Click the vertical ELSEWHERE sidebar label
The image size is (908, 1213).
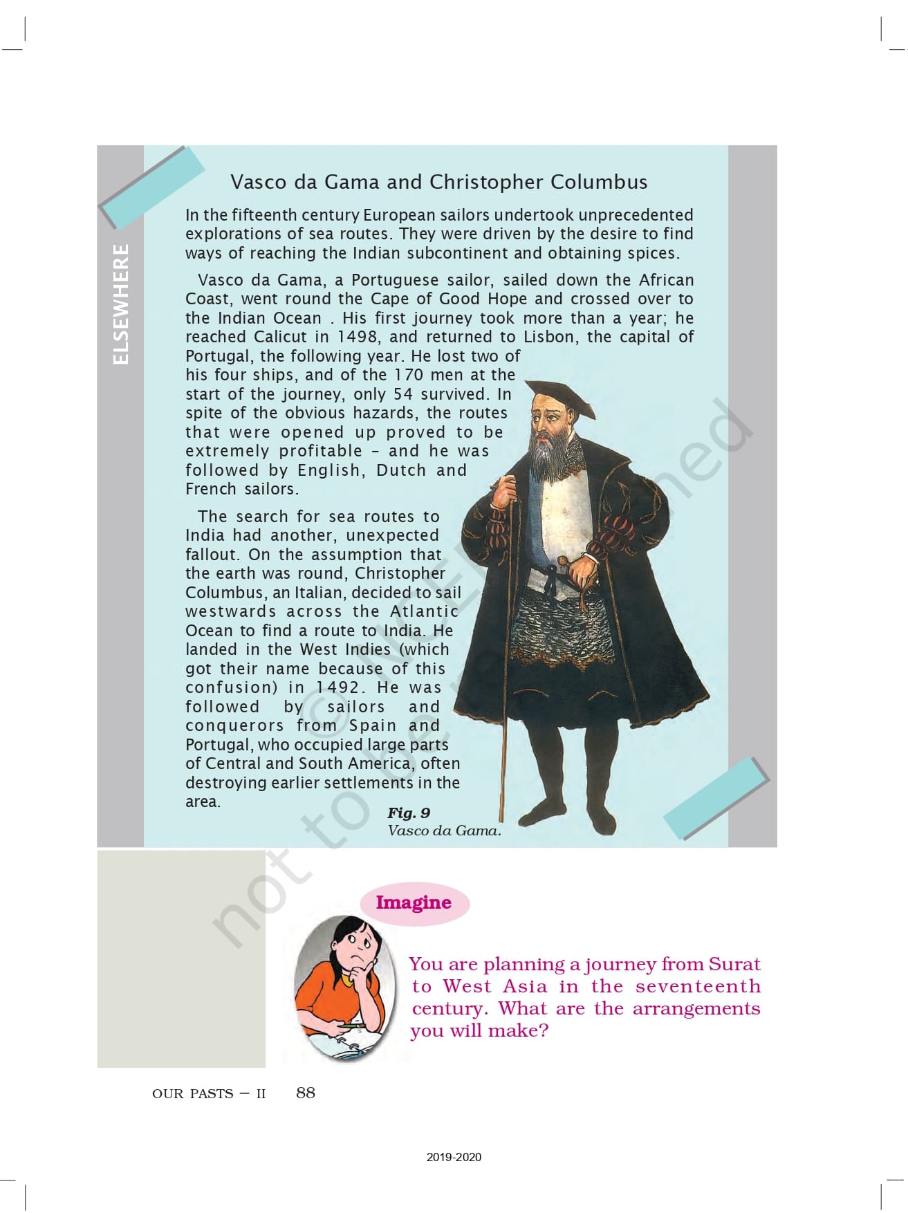pos(120,304)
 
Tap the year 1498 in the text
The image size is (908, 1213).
pos(358,337)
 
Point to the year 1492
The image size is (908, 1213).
pos(339,687)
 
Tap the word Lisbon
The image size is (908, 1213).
pos(550,337)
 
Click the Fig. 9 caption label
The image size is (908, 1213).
pos(408,813)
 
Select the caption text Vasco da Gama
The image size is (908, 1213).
pos(444,831)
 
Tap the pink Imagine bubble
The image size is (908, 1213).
pos(414,902)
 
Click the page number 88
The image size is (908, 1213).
pos(305,1093)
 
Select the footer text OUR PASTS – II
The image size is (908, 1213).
pos(208,1094)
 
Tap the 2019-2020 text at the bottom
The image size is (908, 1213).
pos(454,1157)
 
